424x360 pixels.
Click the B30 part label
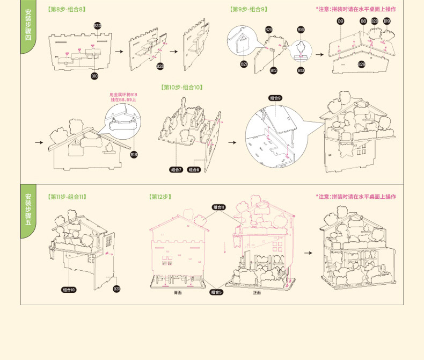pos(97,25)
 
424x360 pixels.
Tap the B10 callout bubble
pos(94,76)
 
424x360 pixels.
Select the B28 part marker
pos(160,66)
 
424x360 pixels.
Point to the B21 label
pos(244,64)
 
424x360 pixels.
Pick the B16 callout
pos(301,30)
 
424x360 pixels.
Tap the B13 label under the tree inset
pos(301,70)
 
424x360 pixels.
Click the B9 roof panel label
pos(340,21)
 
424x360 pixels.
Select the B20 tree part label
pos(374,21)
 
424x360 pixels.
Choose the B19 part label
pos(386,21)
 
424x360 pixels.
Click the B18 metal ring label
pos(134,154)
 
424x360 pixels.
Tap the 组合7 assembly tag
pos(176,170)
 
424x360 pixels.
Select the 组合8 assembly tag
pos(194,170)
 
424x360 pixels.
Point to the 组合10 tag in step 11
pos(69,290)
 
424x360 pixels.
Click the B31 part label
pos(116,289)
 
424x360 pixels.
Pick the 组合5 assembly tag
pos(216,292)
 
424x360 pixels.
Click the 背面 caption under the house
pos(178,293)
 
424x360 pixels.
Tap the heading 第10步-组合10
pos(182,87)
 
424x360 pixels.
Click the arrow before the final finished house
pos(308,253)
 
